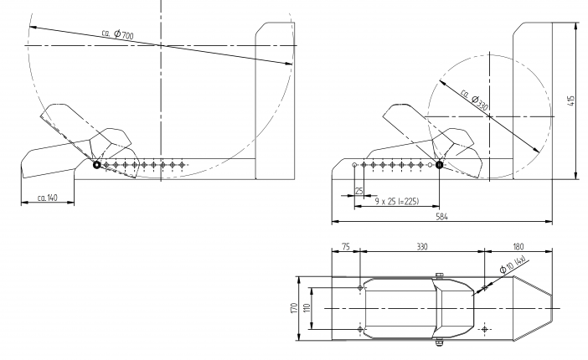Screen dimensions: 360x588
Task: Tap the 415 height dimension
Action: tap(570, 100)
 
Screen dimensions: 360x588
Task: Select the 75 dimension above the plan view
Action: tap(345, 247)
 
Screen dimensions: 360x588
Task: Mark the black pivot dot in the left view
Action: tap(97, 165)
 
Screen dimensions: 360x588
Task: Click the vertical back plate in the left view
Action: tap(274, 100)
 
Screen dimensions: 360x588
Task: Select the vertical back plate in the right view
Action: tap(531, 100)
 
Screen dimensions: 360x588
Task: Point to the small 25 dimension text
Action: tap(358, 191)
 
